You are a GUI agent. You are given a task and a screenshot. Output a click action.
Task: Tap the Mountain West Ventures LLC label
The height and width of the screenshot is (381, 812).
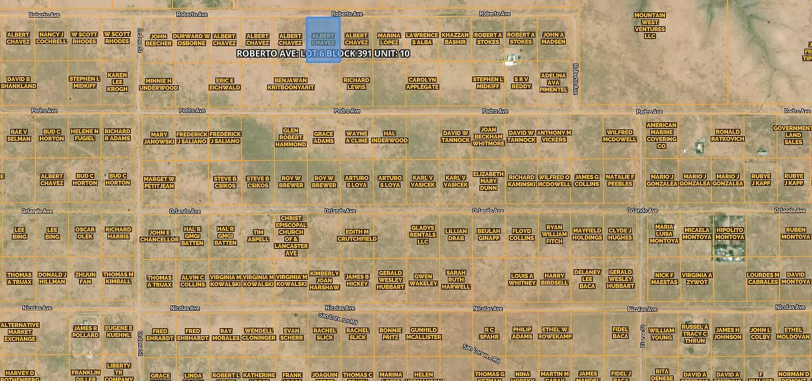[x=649, y=25]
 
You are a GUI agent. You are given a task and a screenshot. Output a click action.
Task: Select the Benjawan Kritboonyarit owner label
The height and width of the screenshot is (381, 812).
[x=290, y=83]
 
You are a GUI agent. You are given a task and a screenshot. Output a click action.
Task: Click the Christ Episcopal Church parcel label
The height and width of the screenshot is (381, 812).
[x=291, y=236]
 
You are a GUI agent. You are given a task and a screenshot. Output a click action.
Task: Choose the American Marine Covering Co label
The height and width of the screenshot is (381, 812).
[x=661, y=135]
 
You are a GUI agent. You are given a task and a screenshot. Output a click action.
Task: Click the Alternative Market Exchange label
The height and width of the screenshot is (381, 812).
[x=20, y=332]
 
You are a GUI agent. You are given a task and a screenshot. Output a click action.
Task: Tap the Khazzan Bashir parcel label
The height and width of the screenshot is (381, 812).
[x=455, y=38]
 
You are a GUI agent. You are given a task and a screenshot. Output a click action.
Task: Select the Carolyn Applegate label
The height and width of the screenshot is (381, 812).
[x=423, y=83]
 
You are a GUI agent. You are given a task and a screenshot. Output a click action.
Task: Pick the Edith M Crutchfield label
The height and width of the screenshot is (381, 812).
[x=357, y=235]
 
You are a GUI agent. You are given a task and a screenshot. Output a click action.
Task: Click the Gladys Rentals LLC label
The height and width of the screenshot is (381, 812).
[x=423, y=235]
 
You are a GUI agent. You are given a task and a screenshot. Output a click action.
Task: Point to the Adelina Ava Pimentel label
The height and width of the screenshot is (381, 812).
[x=553, y=82]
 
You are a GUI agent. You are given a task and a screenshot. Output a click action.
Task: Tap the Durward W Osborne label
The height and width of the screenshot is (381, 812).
[x=191, y=39]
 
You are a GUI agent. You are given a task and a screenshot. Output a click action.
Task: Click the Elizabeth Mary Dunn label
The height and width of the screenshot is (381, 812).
[x=488, y=181]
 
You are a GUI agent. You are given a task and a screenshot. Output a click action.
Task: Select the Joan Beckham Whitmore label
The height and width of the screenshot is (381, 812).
[x=488, y=136]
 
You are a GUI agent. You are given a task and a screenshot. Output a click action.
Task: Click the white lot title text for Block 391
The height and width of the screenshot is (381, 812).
[x=323, y=54]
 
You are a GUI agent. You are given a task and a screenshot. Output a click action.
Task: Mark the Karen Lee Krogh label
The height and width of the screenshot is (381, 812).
[x=117, y=82]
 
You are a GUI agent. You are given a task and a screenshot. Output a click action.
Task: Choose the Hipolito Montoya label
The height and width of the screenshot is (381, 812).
[x=729, y=233]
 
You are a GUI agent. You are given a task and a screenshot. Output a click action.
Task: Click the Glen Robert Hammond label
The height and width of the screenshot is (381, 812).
[x=290, y=137]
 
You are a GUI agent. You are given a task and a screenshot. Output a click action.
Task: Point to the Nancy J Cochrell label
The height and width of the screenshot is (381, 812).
[x=51, y=38]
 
